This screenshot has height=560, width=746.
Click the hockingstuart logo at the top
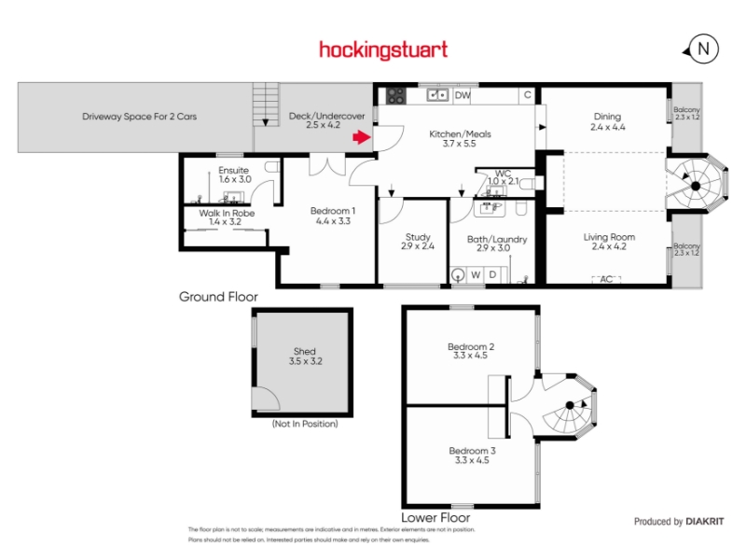pos(383,49)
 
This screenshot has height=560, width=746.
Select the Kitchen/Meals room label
pos(460,134)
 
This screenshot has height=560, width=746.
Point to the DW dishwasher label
pos(463,95)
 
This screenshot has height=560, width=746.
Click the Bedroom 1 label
pos(333,211)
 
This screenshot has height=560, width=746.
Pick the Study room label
pos(418,237)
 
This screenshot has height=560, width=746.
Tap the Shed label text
pos(305,353)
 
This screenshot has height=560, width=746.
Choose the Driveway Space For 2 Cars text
pos(139,117)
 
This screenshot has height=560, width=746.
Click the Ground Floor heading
pos(218,297)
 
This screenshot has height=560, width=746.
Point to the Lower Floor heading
pos(435,516)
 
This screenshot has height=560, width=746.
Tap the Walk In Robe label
pos(227,213)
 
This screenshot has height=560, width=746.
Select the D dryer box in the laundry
pos(493,274)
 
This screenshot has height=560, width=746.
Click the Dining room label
pos(607,117)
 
